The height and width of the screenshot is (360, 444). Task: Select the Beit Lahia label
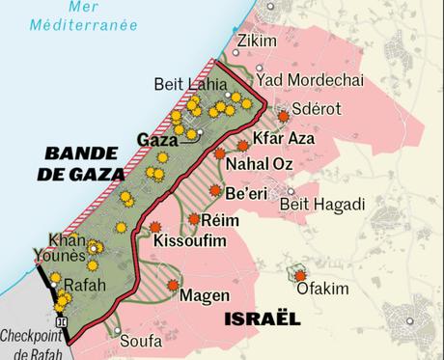[x=186, y=84]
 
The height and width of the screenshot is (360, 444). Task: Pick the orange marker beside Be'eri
[x=215, y=190]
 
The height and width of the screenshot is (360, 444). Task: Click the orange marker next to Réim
[x=194, y=219]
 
